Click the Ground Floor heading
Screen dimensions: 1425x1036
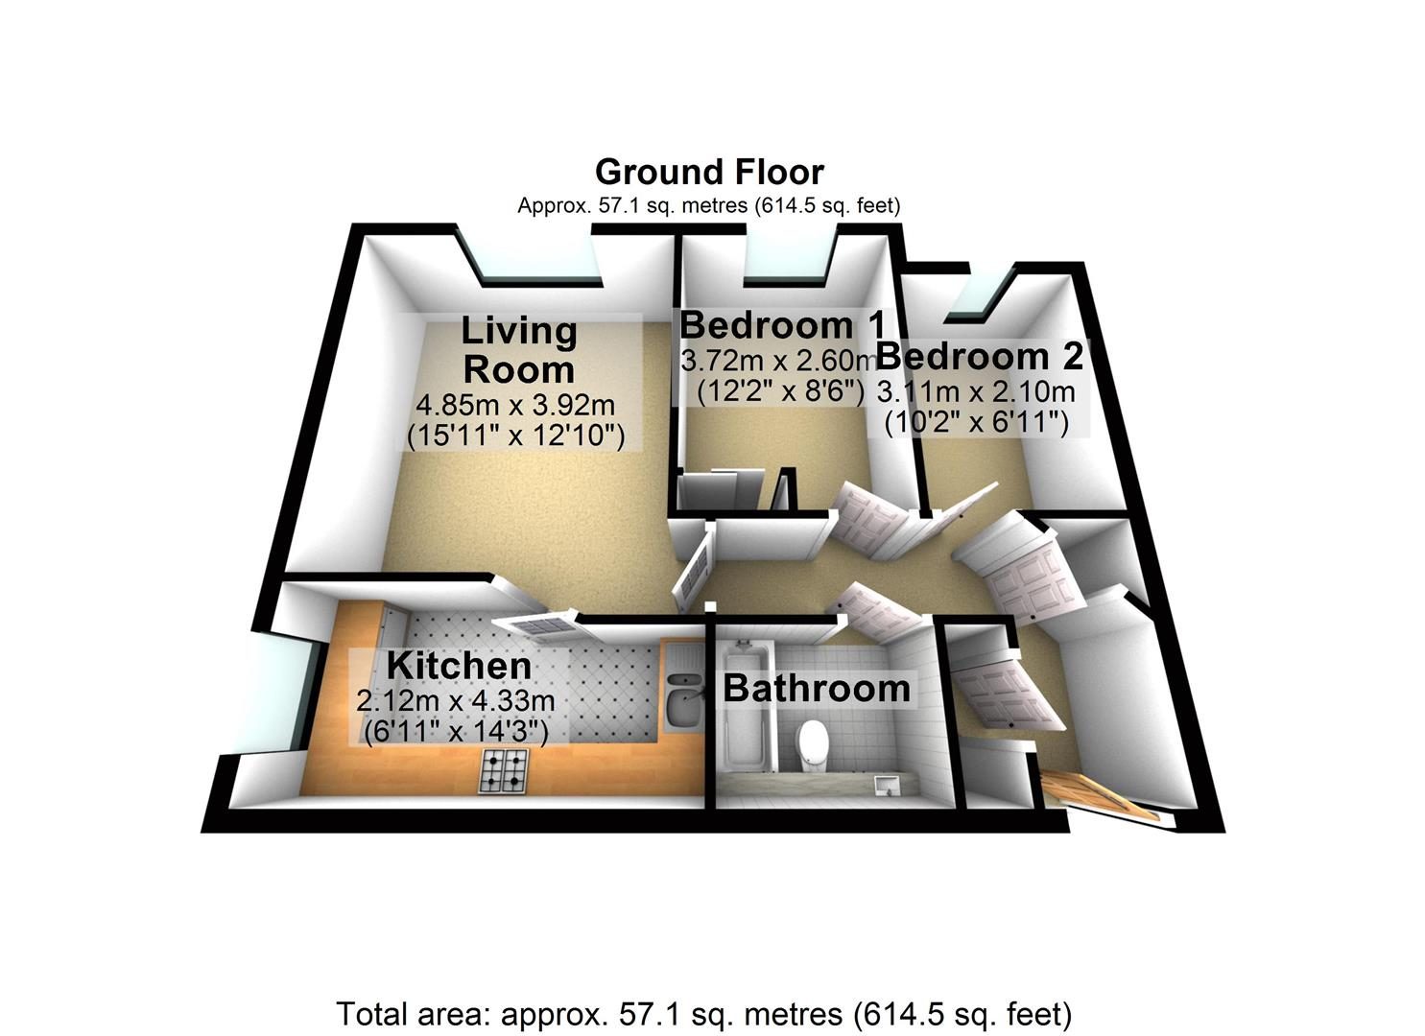(x=709, y=172)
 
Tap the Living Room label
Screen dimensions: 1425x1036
(x=518, y=350)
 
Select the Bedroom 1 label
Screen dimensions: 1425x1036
(x=782, y=325)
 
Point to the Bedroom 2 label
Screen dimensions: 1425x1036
(x=980, y=356)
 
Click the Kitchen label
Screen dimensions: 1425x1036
(x=459, y=666)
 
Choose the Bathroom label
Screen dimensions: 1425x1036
(x=817, y=689)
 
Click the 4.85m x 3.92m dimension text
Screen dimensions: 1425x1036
(x=515, y=405)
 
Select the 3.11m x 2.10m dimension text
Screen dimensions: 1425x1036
(x=976, y=391)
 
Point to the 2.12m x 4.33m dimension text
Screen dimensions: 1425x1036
(x=456, y=701)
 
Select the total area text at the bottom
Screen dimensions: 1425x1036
(x=704, y=1014)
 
